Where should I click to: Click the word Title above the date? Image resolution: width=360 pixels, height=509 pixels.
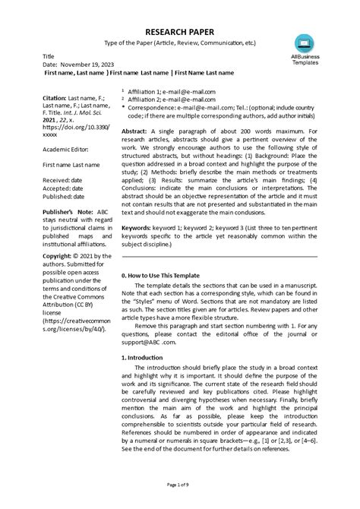[49, 57]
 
